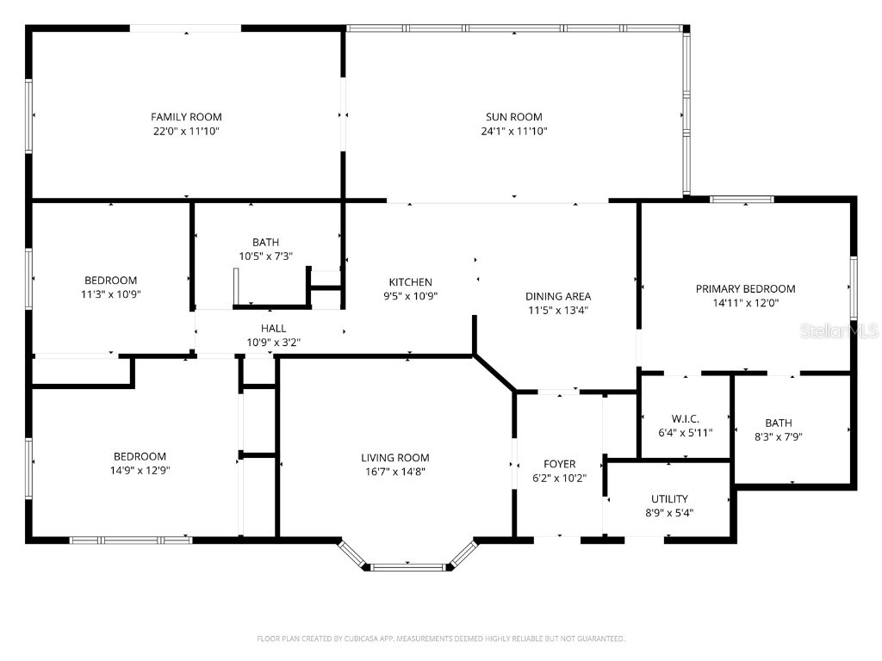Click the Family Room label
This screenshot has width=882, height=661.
coord(186,117)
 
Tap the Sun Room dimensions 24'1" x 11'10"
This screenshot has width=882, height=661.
coord(513,132)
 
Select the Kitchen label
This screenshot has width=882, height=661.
coord(410,282)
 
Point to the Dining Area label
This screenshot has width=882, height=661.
coord(558,297)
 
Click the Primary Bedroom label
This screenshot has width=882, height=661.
coord(745,289)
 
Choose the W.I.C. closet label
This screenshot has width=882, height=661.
coord(685,417)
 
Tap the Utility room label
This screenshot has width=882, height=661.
coord(669,499)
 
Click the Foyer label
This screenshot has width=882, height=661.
coord(559,465)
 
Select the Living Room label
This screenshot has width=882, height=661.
coord(394,458)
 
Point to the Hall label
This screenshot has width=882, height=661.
coord(273,328)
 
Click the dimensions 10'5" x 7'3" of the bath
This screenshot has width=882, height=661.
coord(265,256)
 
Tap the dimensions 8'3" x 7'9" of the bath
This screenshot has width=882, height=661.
coord(778,436)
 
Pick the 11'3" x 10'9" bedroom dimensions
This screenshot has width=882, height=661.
coord(110,294)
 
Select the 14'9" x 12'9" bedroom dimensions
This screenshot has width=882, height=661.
coord(140,471)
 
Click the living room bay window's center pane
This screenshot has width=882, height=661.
coord(409,567)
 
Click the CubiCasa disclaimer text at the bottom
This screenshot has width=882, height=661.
coord(440,639)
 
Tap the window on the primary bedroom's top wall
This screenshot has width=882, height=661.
coord(742,200)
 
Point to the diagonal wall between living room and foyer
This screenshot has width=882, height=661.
coord(494,374)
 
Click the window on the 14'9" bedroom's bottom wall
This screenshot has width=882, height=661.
coord(130,541)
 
